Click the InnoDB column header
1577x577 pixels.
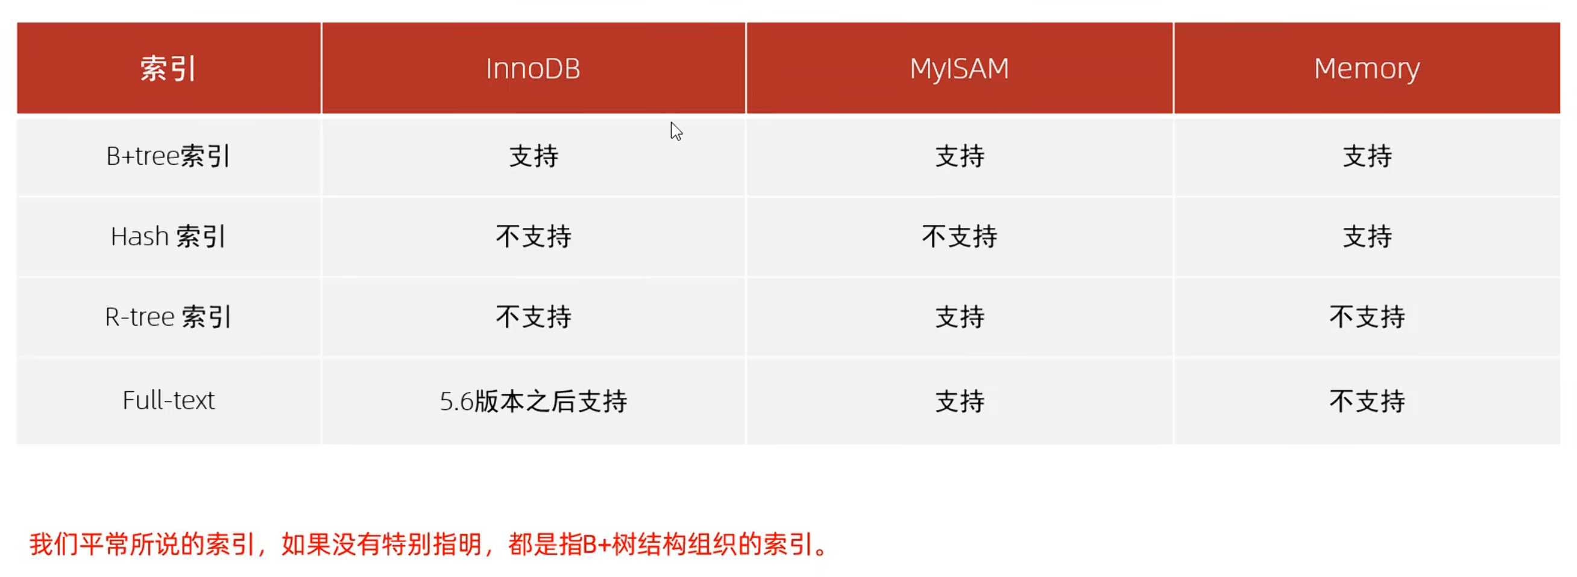533,68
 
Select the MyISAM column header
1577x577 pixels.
958,68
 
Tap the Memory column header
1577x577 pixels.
1367,69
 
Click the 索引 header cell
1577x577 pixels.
168,68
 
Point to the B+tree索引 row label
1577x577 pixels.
168,156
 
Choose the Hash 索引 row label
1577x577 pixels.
168,236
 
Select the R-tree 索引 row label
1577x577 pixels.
168,317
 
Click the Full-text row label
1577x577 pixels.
168,400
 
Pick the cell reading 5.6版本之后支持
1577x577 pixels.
534,401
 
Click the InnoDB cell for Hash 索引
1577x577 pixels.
534,236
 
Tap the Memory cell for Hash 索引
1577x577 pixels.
1367,236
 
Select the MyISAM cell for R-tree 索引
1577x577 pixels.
959,317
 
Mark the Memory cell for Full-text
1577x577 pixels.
1367,401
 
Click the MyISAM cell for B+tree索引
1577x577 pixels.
959,156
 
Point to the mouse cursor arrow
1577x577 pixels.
676,131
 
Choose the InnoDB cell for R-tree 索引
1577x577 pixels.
534,317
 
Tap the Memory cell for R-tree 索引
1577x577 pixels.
1367,317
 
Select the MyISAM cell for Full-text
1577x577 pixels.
959,401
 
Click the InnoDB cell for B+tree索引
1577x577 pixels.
534,156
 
